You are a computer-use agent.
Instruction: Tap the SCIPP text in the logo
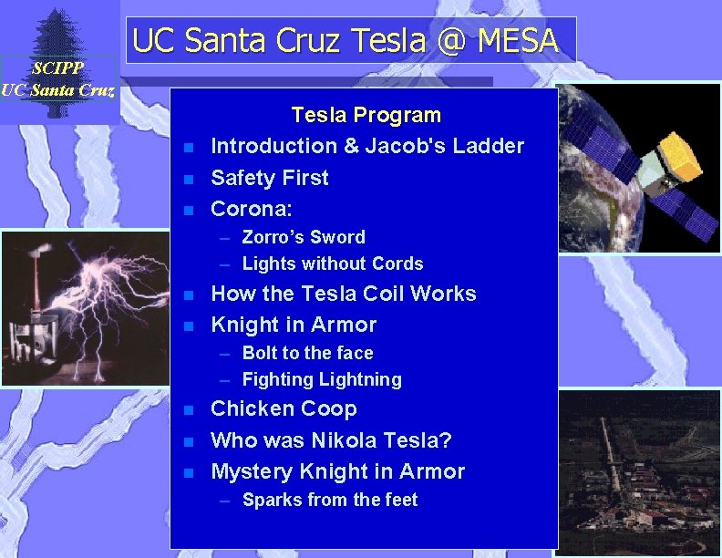(57, 68)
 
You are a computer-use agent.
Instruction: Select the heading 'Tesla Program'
(366, 116)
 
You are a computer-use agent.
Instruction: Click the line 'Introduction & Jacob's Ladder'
(366, 146)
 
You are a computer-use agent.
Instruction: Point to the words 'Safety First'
(269, 178)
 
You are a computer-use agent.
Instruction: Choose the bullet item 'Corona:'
(251, 209)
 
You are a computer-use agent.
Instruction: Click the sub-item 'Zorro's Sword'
(303, 238)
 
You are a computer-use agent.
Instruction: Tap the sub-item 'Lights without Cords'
(332, 264)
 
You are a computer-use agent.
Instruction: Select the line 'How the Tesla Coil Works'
(343, 294)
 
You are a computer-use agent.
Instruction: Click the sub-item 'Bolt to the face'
(307, 353)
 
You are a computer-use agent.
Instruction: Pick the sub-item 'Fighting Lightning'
(321, 379)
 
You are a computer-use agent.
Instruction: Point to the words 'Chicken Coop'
(284, 409)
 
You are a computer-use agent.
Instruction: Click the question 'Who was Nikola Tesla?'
(331, 440)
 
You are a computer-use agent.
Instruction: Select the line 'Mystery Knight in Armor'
(337, 471)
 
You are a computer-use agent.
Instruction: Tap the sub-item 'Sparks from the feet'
(329, 500)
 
